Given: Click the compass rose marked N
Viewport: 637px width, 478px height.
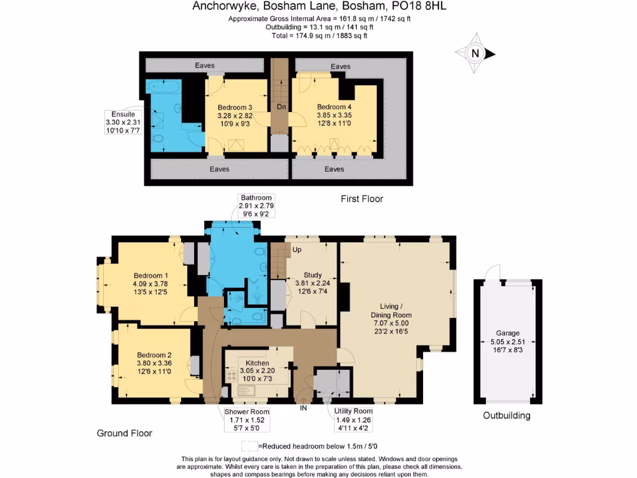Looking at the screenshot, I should pos(475,54).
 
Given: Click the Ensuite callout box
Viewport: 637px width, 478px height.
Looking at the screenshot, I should pos(123,123).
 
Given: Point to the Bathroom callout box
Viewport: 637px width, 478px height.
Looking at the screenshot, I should pos(257,206).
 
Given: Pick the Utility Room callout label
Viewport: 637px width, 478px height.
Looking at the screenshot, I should pos(353,419).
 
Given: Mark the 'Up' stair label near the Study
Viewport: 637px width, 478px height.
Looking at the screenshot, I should pos(297,250).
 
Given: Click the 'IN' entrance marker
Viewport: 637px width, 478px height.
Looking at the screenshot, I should pos(304,409).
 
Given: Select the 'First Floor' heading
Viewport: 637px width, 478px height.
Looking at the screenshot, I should pos(361,199).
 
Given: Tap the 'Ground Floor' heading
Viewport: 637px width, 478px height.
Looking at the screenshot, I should pos(124,433).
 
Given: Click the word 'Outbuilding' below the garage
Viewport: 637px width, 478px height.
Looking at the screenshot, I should pos(506,416).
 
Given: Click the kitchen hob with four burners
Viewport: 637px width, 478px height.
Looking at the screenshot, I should pos(235,377).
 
